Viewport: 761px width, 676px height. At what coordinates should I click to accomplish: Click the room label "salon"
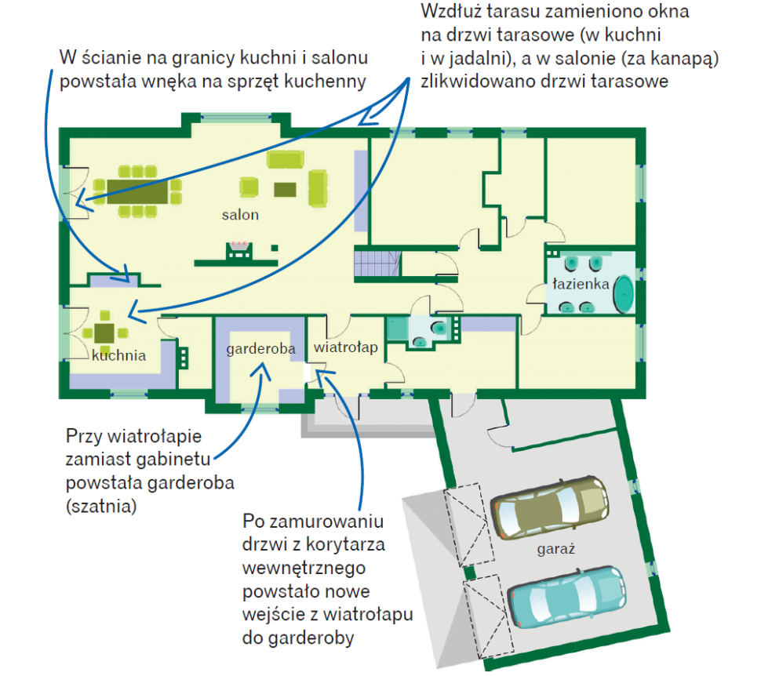pos(239,214)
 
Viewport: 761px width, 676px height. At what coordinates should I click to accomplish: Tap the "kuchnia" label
pos(118,355)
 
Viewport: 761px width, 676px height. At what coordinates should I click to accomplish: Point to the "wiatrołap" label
pos(346,346)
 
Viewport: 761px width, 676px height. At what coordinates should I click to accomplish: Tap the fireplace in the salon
pos(238,250)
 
